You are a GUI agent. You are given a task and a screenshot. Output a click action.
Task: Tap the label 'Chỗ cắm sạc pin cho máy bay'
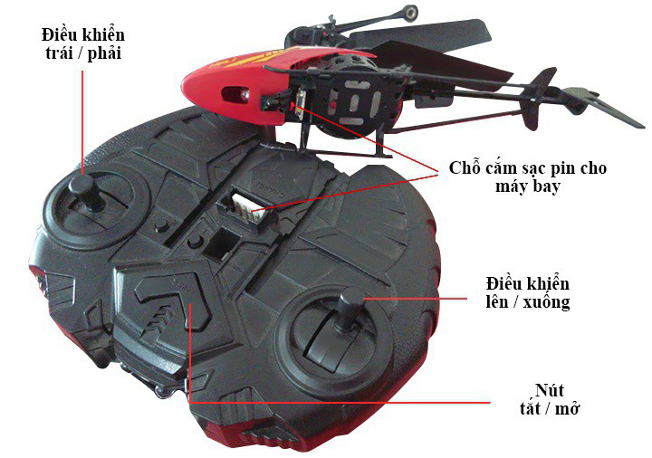pos(527,177)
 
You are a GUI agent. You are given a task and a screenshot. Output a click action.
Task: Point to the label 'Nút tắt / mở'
pos(542,399)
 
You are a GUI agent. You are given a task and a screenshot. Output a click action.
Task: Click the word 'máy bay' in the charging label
pos(527,186)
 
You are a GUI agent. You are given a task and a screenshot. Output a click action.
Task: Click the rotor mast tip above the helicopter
pos(413,13)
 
